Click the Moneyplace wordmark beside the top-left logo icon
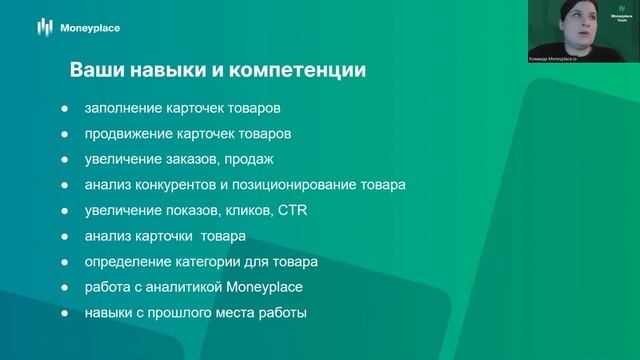click(x=88, y=28)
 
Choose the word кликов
click(x=243, y=211)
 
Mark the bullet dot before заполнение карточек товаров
click(x=65, y=107)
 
